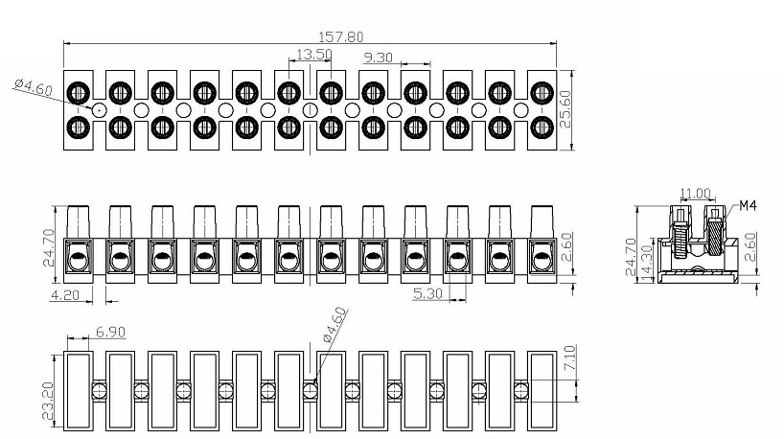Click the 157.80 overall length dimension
click(x=341, y=37)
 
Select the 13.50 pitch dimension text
click(x=314, y=54)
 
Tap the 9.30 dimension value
click(x=378, y=58)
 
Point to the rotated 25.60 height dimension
click(x=565, y=109)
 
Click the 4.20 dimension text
click(x=65, y=295)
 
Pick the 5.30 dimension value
click(x=427, y=293)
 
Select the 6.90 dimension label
click(x=110, y=332)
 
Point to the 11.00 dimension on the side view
click(x=695, y=194)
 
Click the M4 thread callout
click(x=748, y=205)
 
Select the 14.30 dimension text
click(x=648, y=263)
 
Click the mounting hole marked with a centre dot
click(x=100, y=109)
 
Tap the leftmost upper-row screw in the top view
click(x=79, y=92)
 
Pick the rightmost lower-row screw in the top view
click(x=542, y=127)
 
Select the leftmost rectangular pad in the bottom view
click(x=78, y=391)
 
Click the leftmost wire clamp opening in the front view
click(x=79, y=257)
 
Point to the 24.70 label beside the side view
click(x=632, y=257)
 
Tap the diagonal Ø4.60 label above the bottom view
click(x=334, y=325)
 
